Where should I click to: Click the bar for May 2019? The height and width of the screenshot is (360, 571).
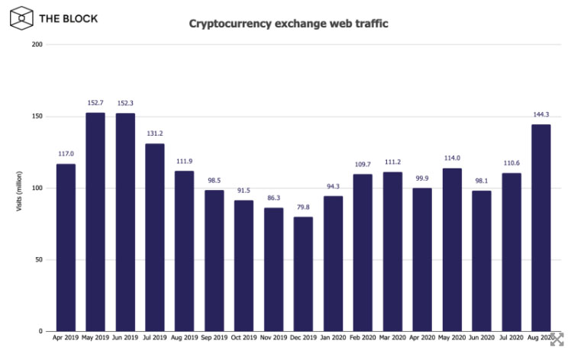(95, 222)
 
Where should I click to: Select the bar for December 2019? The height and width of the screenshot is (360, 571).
(304, 274)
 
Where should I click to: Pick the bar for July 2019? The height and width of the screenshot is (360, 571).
(155, 237)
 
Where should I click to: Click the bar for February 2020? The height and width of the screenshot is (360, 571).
(363, 252)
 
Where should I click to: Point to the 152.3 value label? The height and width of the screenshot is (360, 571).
(125, 103)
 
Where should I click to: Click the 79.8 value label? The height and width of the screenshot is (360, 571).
(304, 206)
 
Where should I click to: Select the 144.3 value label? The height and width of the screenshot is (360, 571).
(541, 114)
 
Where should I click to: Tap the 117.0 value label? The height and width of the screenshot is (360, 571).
(66, 153)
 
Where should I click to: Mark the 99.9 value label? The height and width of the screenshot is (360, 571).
(422, 178)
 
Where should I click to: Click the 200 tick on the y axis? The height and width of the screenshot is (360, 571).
(37, 45)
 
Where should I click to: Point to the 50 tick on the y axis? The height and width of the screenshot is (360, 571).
(39, 260)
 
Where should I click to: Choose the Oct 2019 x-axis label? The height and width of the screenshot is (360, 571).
(244, 337)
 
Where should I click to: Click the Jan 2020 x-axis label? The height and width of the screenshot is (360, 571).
(334, 337)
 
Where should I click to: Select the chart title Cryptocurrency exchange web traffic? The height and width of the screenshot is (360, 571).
(289, 24)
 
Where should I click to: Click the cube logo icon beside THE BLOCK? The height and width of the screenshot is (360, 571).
(22, 18)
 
